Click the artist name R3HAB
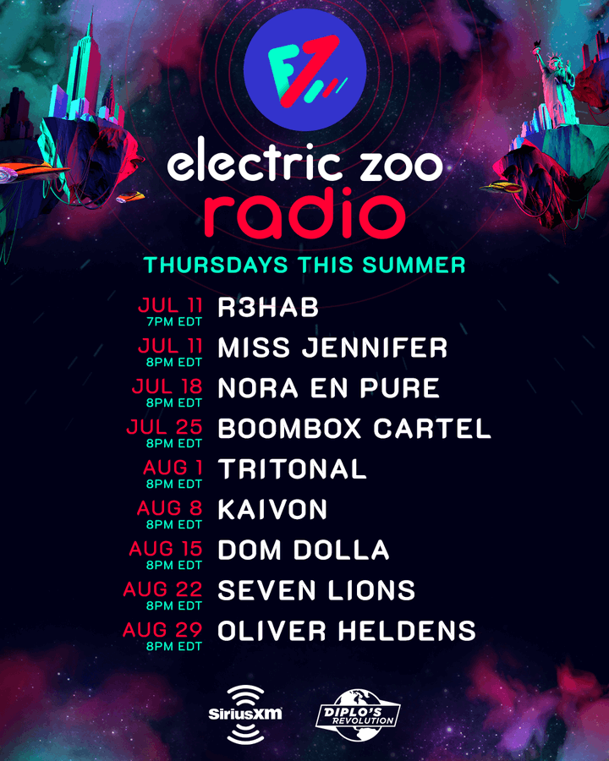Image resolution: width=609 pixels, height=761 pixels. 268,307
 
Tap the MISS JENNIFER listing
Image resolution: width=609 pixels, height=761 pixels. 332,348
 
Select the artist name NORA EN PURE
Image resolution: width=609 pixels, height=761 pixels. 329,388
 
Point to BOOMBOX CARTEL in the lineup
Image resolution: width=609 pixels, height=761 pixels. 354,429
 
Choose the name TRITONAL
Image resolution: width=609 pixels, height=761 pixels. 292,469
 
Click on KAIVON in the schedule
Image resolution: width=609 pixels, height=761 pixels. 272,510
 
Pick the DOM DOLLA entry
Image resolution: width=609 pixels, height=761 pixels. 304,550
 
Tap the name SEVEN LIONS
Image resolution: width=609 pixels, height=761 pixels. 316,591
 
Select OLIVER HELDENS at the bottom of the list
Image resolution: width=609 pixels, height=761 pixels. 346,631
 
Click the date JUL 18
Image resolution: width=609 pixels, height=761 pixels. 167,386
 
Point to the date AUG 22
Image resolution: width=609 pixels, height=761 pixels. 162,589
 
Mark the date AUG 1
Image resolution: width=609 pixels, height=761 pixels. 173,468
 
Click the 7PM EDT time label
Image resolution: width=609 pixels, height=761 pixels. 174,321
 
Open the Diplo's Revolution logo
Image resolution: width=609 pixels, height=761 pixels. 359,714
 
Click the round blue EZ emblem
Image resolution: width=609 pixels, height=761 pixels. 304,70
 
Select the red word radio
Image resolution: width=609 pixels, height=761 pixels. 304,214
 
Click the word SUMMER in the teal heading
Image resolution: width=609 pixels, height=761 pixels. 414,265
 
